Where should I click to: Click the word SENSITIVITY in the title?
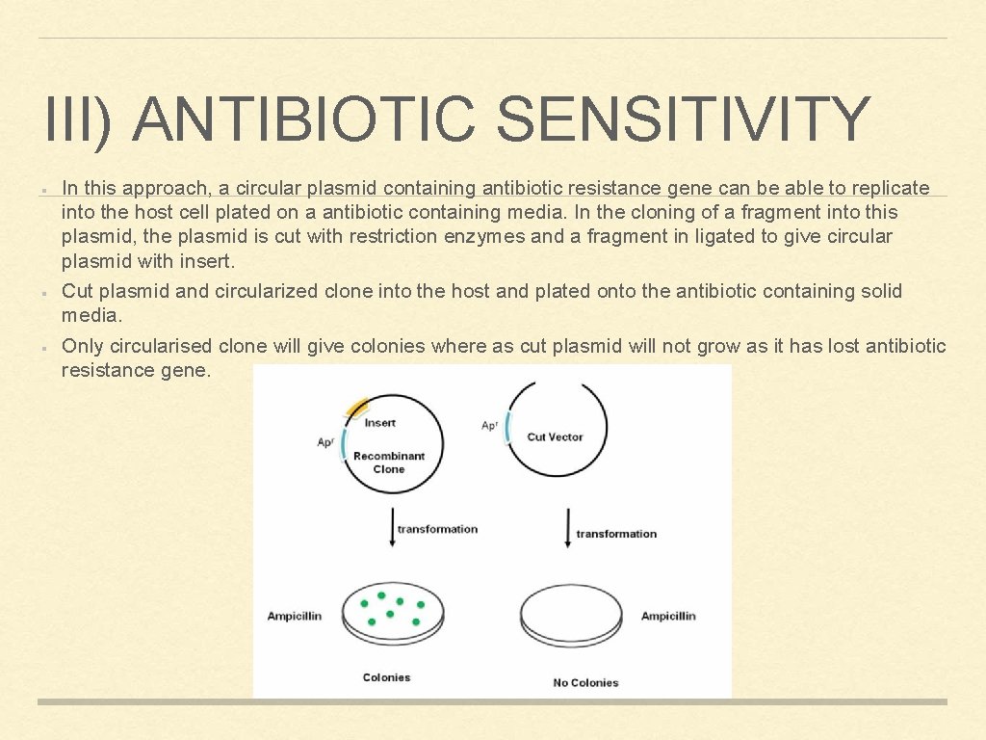pos(685,119)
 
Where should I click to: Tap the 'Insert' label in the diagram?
pos(380,422)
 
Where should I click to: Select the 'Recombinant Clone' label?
pos(389,462)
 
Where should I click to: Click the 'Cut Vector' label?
pos(555,436)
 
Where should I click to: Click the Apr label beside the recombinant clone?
pos(325,442)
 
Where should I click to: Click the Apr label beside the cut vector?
pos(489,425)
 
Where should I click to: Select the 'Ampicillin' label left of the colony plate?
pos(295,616)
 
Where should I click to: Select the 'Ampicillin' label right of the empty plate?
pos(668,616)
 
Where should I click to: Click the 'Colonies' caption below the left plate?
pos(386,677)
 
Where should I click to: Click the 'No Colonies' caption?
pos(585,682)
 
